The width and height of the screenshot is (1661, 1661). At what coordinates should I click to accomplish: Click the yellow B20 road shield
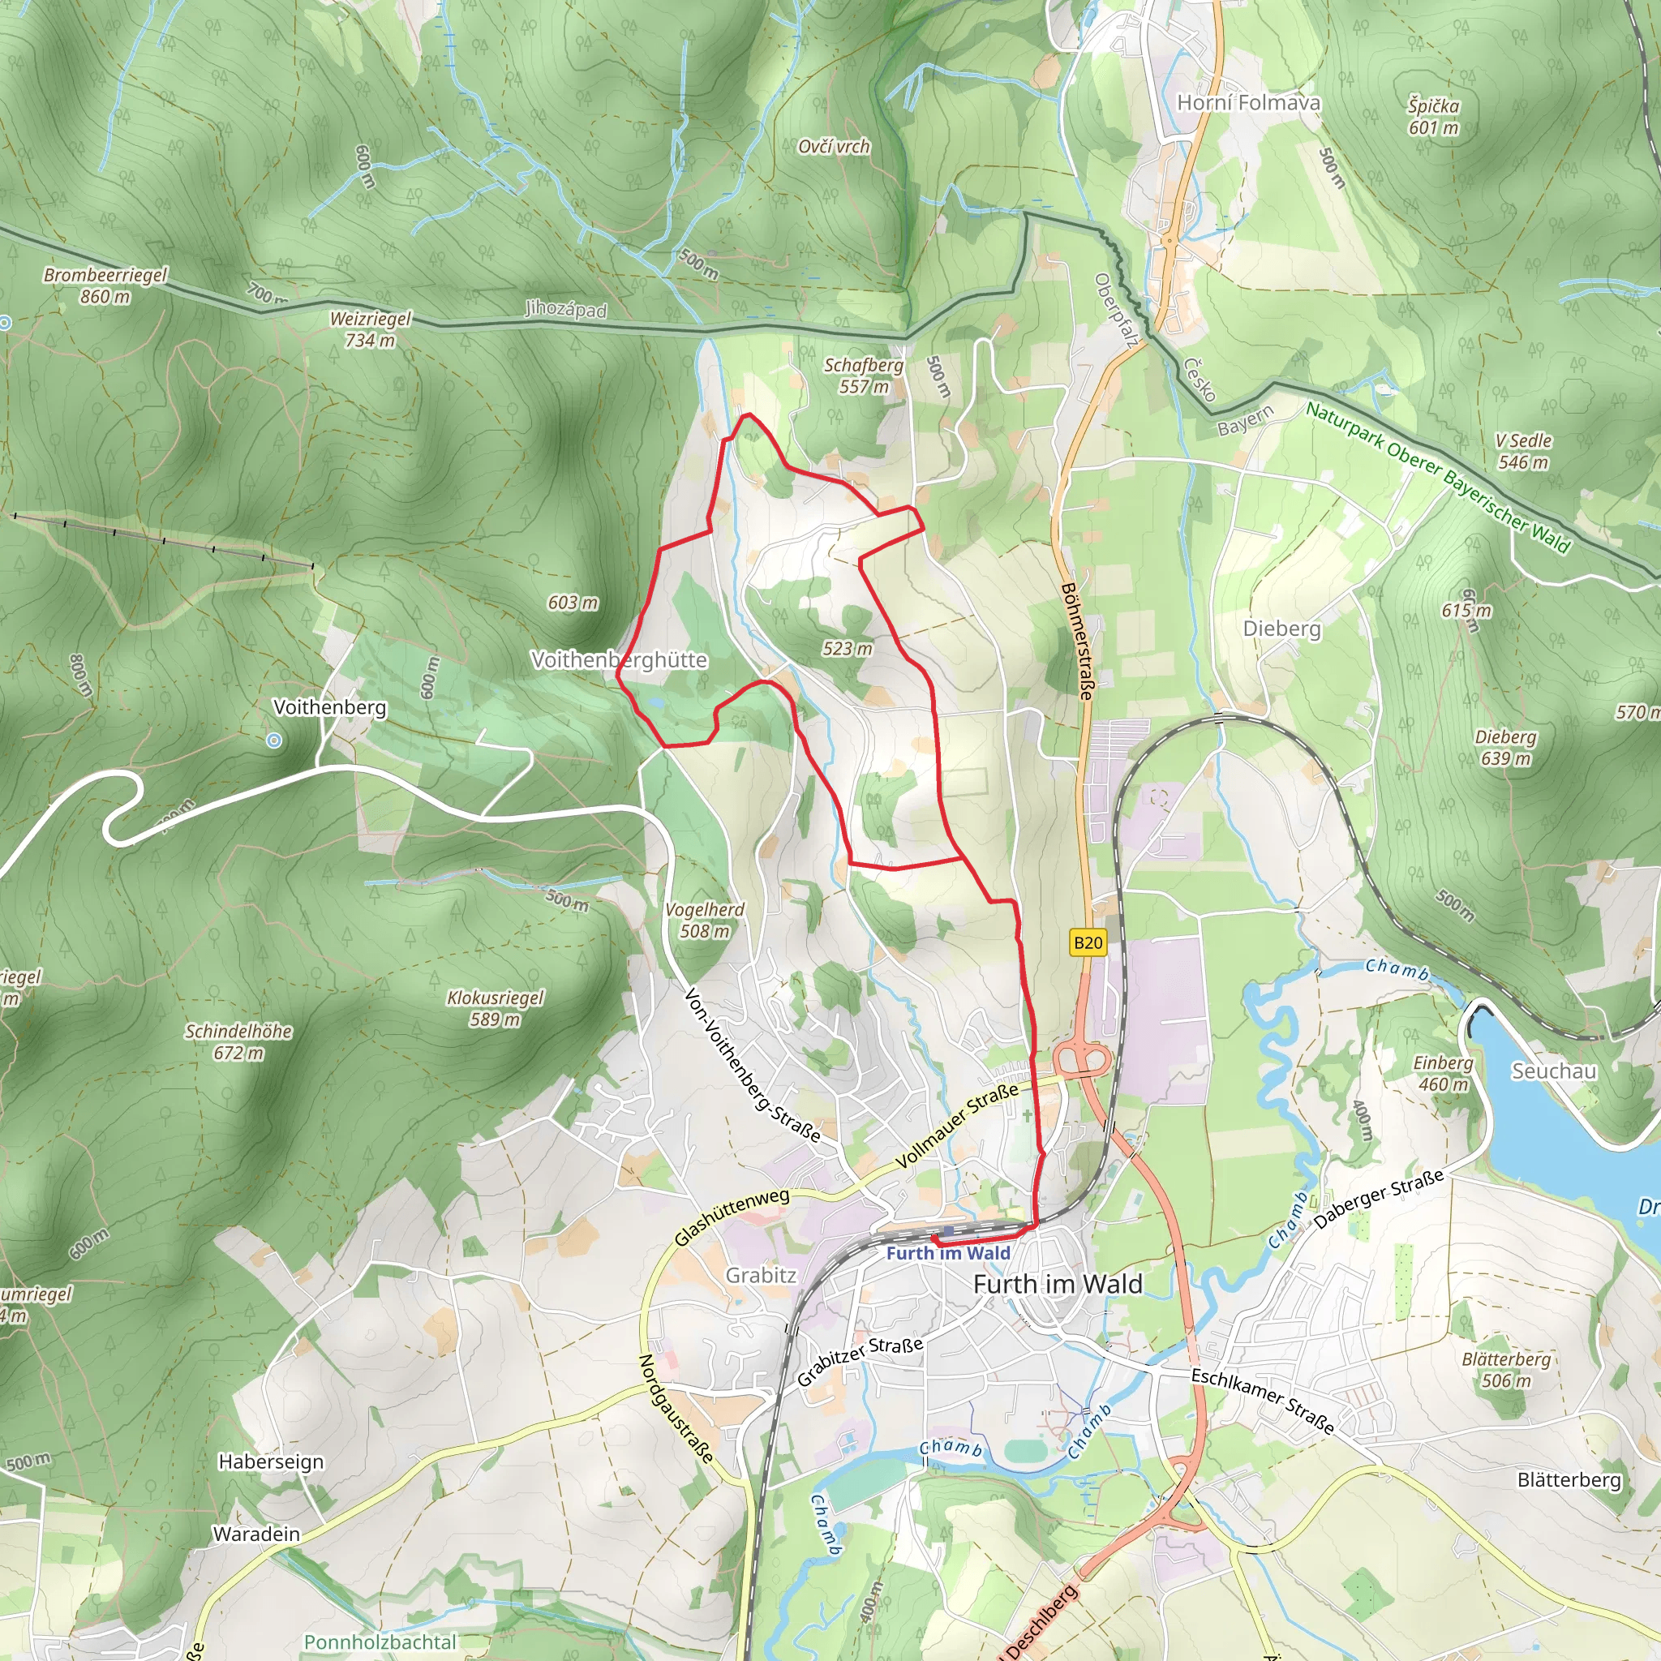[x=1088, y=942]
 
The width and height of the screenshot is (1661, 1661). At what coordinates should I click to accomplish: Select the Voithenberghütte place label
[x=619, y=659]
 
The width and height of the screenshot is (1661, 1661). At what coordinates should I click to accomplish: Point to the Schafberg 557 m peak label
[x=864, y=376]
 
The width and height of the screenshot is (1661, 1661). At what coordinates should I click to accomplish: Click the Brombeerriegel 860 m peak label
[x=105, y=285]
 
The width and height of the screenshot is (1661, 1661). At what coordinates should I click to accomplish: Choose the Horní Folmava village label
[x=1247, y=102]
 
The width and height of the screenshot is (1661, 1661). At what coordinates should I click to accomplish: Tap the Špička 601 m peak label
[x=1433, y=116]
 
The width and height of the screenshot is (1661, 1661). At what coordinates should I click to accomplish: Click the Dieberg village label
[x=1281, y=629]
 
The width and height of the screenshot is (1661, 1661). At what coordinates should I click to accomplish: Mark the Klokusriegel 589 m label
[x=496, y=1008]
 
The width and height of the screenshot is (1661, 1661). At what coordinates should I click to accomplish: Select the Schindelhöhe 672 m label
[x=238, y=1041]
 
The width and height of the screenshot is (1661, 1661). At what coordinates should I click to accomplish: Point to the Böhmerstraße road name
[x=1077, y=641]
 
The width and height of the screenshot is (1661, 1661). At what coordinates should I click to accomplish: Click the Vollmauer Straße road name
[x=956, y=1126]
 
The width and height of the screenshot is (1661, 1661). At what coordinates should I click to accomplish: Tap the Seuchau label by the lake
[x=1553, y=1071]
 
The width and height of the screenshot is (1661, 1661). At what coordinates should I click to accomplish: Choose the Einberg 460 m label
[x=1443, y=1074]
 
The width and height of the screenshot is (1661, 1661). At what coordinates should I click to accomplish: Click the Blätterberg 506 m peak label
[x=1506, y=1370]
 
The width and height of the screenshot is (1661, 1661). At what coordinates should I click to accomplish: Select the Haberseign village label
[x=271, y=1461]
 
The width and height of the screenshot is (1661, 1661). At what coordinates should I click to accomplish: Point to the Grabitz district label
[x=761, y=1275]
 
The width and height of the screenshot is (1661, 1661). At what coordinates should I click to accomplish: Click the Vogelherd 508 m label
[x=705, y=920]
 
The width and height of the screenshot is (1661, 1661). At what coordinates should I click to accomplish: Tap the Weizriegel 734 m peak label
[x=371, y=329]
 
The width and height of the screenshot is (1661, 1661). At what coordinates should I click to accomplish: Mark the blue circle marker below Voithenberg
[x=273, y=740]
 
